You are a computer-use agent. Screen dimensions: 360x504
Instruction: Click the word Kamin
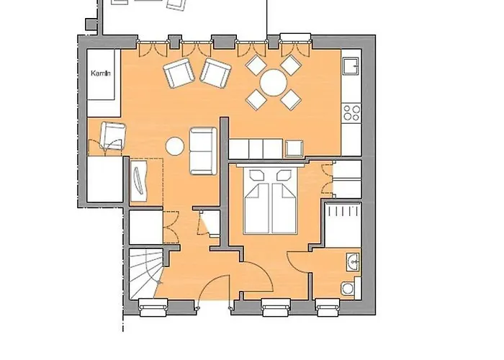pos(99,73)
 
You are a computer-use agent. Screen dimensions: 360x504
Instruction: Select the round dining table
pos(272,83)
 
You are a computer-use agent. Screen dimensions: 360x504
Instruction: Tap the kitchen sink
pos(351,68)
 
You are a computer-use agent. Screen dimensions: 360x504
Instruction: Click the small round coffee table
pos(174,146)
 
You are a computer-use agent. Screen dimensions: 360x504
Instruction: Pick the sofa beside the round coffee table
pos(202,150)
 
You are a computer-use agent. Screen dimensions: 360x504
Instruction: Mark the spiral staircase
pos(148,270)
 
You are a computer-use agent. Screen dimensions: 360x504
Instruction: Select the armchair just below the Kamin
pos(112,135)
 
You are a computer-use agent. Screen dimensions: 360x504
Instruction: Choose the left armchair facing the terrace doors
pos(179,73)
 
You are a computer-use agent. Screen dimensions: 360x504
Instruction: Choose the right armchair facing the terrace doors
pos(215,73)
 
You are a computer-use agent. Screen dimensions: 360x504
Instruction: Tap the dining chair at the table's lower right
pos(290,99)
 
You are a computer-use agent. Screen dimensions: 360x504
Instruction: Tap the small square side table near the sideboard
pos(294,149)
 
